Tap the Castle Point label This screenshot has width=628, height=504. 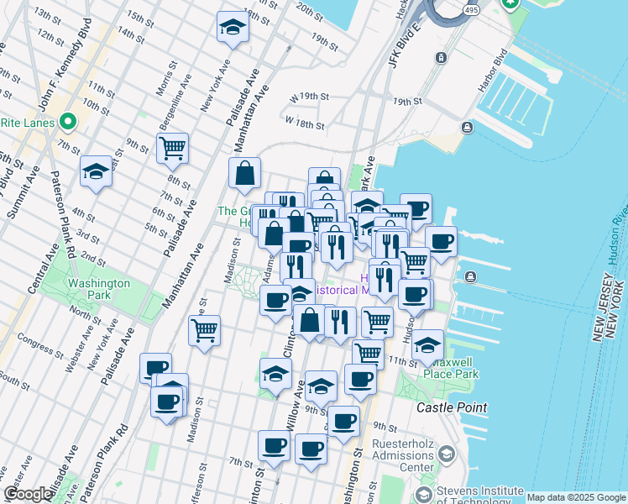452,407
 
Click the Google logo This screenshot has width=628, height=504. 28,494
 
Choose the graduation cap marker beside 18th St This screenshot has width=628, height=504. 233,28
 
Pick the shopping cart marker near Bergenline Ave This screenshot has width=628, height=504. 172,149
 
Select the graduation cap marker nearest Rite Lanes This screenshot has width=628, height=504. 96,172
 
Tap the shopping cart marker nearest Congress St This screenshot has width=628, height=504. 204,332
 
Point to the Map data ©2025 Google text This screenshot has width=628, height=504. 576,497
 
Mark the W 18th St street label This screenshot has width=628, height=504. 304,123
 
